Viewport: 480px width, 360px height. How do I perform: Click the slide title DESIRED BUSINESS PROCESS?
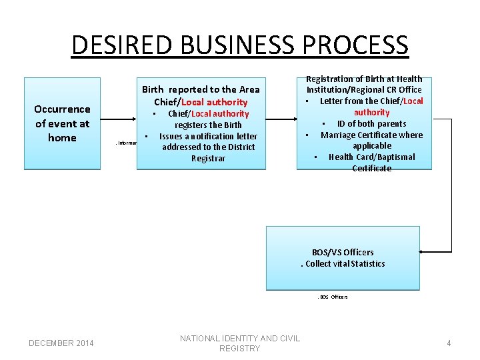pyautogui.click(x=239, y=45)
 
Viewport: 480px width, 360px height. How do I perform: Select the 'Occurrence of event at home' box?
pyautogui.click(x=62, y=123)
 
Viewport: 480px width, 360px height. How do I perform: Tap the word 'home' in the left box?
pyautogui.click(x=62, y=138)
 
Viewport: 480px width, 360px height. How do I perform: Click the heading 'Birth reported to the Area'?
pyautogui.click(x=201, y=89)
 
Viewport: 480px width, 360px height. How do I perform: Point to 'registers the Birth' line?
pyautogui.click(x=208, y=125)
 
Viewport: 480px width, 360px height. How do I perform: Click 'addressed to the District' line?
pyautogui.click(x=208, y=147)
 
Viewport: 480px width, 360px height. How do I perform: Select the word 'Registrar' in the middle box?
pyautogui.click(x=208, y=158)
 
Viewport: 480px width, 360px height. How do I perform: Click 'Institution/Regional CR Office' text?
pyautogui.click(x=364, y=90)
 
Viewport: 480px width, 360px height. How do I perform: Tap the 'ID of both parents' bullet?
pyautogui.click(x=372, y=123)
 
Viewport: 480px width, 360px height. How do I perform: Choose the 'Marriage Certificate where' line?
pyautogui.click(x=371, y=135)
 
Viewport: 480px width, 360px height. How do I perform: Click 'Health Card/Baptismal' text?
pyautogui.click(x=371, y=157)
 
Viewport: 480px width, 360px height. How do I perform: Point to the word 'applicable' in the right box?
pyautogui.click(x=372, y=145)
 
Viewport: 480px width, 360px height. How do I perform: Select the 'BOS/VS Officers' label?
pyautogui.click(x=343, y=252)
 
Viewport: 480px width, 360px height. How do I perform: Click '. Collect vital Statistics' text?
pyautogui.click(x=343, y=263)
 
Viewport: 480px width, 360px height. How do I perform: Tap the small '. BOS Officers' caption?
pyautogui.click(x=332, y=297)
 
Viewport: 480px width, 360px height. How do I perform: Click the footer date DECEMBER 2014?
pyautogui.click(x=61, y=343)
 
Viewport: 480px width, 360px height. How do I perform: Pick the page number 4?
pyautogui.click(x=449, y=343)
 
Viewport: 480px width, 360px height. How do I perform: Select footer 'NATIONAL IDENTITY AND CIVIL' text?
pyautogui.click(x=240, y=338)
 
